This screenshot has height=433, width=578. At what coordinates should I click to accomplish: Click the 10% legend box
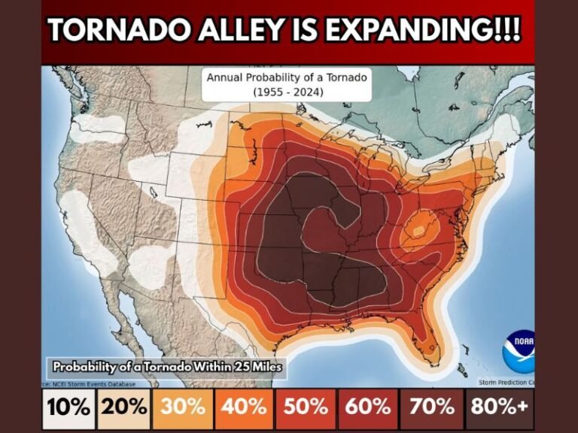click(x=69, y=408)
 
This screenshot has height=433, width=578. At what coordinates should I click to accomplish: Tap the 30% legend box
click(x=184, y=408)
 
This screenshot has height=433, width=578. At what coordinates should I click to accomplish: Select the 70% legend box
click(x=432, y=408)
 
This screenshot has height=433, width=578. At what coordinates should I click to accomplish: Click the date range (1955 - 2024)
click(x=286, y=92)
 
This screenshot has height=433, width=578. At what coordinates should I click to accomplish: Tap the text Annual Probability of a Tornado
click(x=286, y=77)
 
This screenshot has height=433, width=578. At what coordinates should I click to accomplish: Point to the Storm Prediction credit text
click(x=507, y=382)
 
